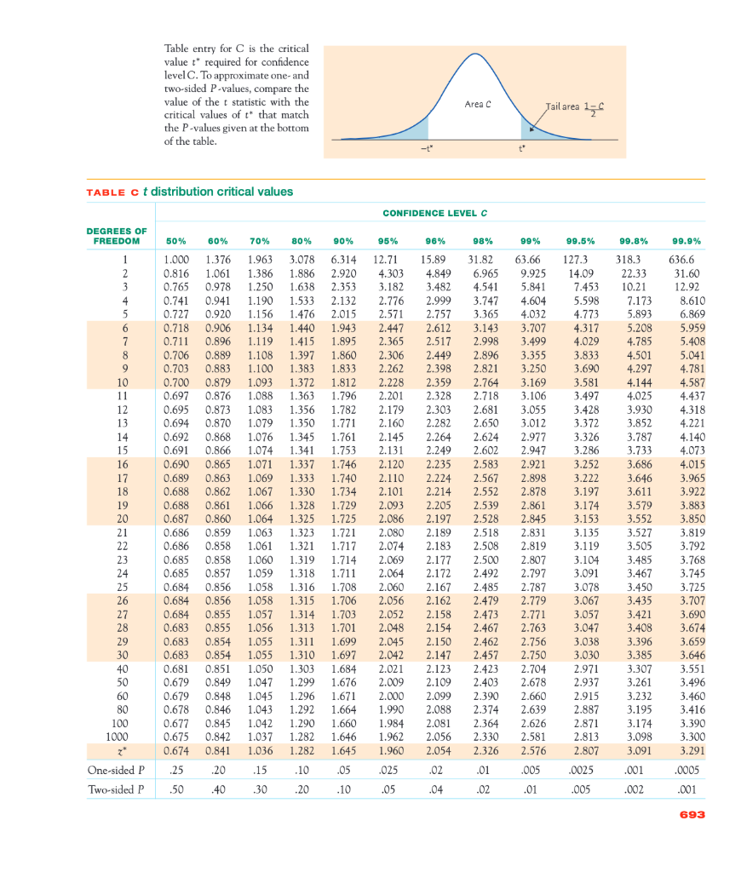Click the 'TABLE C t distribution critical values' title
[190, 192]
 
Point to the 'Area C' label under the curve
[479, 105]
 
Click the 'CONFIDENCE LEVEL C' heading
[434, 212]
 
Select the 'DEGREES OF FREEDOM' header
[117, 235]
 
